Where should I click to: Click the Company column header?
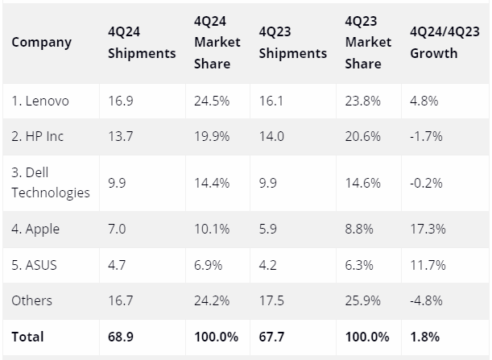[41, 43]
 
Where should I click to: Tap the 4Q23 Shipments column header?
[292, 43]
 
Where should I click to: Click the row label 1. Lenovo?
[39, 101]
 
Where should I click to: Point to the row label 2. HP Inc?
[37, 137]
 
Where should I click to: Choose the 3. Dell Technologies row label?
[50, 182]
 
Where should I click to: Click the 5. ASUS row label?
[34, 265]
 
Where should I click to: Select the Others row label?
[31, 300]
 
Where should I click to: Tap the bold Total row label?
[27, 336]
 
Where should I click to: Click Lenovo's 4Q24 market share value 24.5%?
[211, 101]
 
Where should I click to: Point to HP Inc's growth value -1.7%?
[426, 137]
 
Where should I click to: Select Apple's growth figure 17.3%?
[427, 230]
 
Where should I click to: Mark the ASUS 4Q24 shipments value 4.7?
[117, 265]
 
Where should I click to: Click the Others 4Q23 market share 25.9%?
[362, 300]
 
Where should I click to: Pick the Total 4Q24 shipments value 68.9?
[120, 336]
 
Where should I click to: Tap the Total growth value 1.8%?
[424, 336]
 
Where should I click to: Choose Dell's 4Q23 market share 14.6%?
[362, 182]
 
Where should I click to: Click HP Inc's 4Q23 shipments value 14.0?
[271, 137]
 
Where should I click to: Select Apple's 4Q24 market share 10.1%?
[211, 230]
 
